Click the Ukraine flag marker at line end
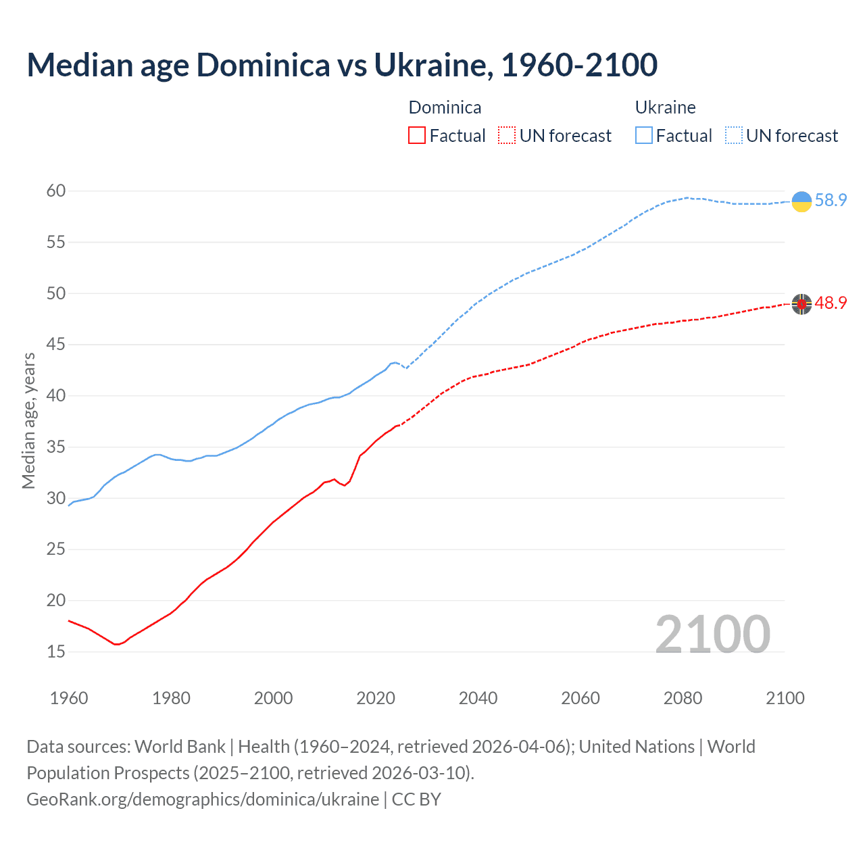click(801, 201)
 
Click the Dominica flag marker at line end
click(801, 304)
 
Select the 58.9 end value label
click(831, 201)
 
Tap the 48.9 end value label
click(831, 303)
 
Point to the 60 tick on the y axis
click(56, 191)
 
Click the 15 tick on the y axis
click(56, 652)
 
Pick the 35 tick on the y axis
click(56, 447)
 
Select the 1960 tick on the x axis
click(69, 698)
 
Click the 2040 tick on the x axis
click(478, 698)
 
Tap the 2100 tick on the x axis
click(785, 698)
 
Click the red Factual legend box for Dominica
click(417, 136)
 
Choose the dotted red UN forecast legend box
click(507, 136)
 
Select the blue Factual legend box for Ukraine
click(644, 136)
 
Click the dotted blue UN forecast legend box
click(733, 136)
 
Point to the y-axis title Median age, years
click(28, 420)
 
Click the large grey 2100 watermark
click(712, 635)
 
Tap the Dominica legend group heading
click(445, 107)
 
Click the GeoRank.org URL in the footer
click(203, 799)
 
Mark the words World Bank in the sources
click(180, 747)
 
